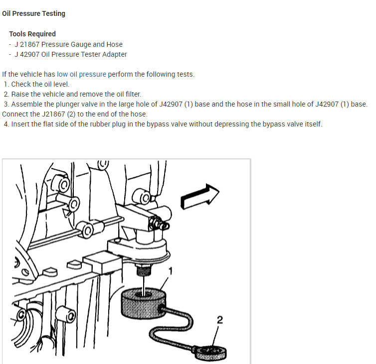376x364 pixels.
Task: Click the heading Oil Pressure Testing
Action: (33, 13)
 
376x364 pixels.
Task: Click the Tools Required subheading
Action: (32, 34)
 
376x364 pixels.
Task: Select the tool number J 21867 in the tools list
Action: (27, 44)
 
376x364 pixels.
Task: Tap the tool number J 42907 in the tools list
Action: (27, 54)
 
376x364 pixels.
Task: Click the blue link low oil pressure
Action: (81, 74)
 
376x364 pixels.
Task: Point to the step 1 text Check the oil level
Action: (40, 84)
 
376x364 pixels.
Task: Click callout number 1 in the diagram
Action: (171, 271)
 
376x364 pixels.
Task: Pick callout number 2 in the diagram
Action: (219, 320)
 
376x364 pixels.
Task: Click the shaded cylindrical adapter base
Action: (143, 303)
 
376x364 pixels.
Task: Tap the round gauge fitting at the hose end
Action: (211, 353)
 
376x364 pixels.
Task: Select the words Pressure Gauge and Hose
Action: (82, 44)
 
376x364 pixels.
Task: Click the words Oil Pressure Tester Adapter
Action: (84, 54)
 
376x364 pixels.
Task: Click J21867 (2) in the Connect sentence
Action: (58, 114)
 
